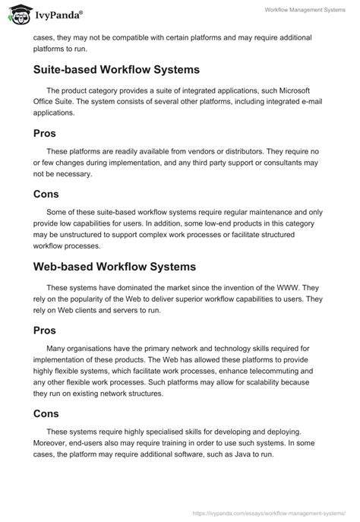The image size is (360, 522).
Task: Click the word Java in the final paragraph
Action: tap(238, 454)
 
